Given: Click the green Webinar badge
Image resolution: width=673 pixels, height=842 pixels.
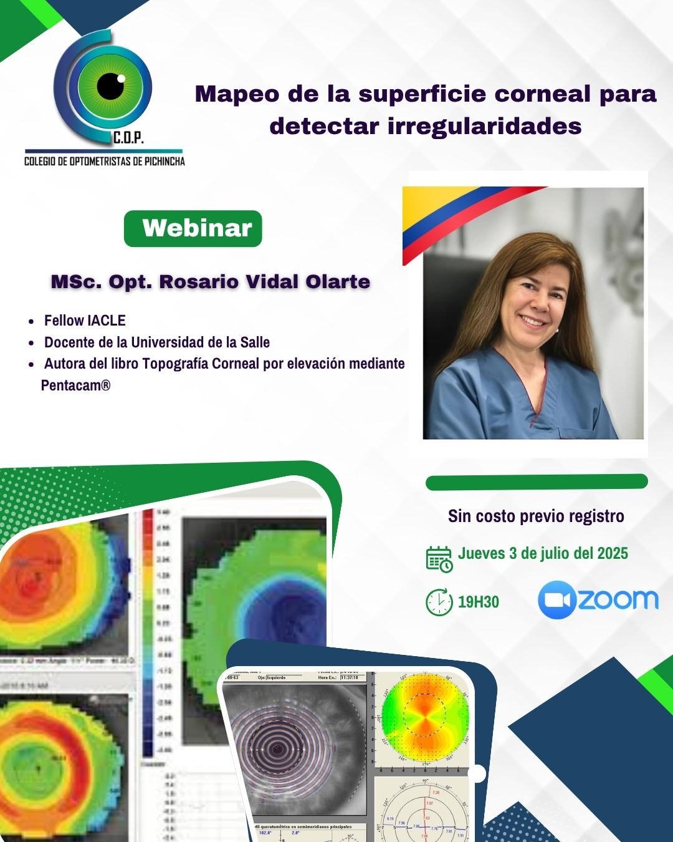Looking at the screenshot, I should coord(193,228).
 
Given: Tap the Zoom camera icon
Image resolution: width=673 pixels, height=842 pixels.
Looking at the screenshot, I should coord(556,600).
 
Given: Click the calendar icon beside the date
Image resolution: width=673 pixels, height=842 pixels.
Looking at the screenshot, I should coord(439,559).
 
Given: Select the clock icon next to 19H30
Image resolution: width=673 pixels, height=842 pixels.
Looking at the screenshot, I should coord(439,602).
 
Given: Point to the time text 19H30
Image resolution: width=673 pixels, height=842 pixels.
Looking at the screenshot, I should coord(479,602).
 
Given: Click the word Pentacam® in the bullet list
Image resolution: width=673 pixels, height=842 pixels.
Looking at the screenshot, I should coord(75,385).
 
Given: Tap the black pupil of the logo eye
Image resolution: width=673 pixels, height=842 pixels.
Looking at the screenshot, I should coord(110,85).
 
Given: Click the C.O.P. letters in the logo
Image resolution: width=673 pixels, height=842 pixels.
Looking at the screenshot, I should coord(128,138).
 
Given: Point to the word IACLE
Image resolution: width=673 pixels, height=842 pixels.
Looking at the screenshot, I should coord(107,321).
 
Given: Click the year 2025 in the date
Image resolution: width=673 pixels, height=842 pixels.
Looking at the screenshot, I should coord(613,553).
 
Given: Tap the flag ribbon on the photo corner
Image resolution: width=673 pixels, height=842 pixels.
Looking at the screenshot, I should coord(449,215).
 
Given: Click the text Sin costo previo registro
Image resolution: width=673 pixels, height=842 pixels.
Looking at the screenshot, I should coord(536,516).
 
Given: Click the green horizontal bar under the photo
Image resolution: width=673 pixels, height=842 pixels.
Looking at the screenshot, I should coord(537,482).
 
